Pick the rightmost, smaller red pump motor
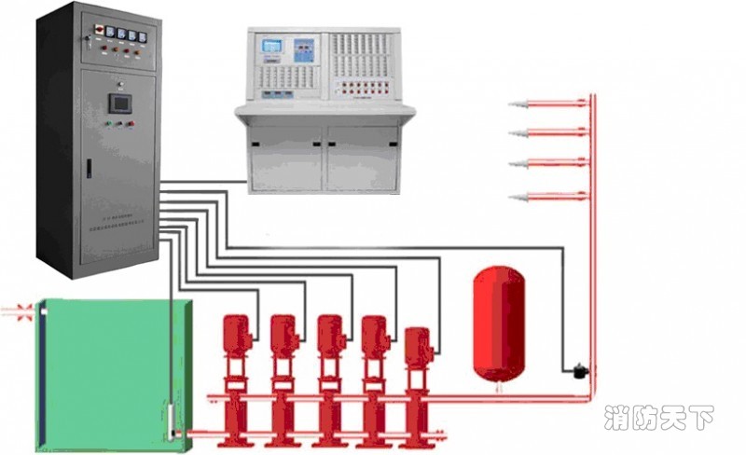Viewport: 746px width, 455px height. pyautogui.click(x=417, y=344)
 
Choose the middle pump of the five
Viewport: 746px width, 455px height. pyautogui.click(x=329, y=334)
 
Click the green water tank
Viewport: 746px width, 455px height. pyautogui.click(x=112, y=373)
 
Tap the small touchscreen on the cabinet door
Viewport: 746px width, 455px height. pyautogui.click(x=118, y=102)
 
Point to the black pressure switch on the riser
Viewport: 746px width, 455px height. pyautogui.click(x=579, y=370)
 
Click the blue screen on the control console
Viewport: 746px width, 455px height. pyautogui.click(x=271, y=46)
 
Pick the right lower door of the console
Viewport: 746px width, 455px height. pyautogui.click(x=363, y=158)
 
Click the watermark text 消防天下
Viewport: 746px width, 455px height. pyautogui.click(x=656, y=419)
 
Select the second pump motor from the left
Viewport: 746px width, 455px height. pyautogui.click(x=283, y=334)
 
